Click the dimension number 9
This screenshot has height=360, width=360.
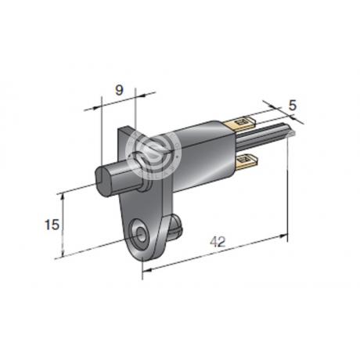click(x=119, y=90)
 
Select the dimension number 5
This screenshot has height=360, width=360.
click(x=293, y=106)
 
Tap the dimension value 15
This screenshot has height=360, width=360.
click(x=52, y=225)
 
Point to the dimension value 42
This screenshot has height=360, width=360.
click(x=218, y=242)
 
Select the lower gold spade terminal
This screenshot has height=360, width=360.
click(x=247, y=160)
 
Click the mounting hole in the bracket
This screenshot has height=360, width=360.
click(x=141, y=232)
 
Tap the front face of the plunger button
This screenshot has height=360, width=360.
click(x=103, y=180)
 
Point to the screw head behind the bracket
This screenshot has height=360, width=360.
click(x=176, y=225)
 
